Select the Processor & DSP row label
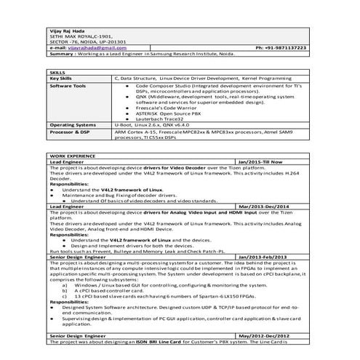click(71, 131)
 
